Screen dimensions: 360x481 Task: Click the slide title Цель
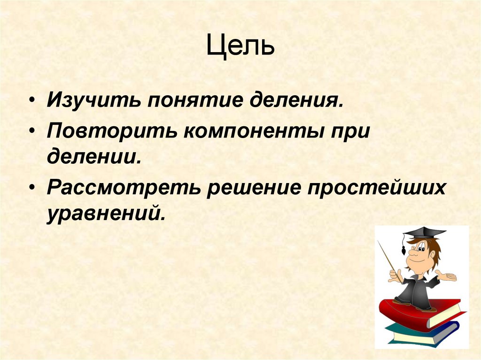240,47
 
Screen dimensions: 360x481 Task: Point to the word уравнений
106,212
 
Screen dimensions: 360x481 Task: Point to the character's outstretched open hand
447,277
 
